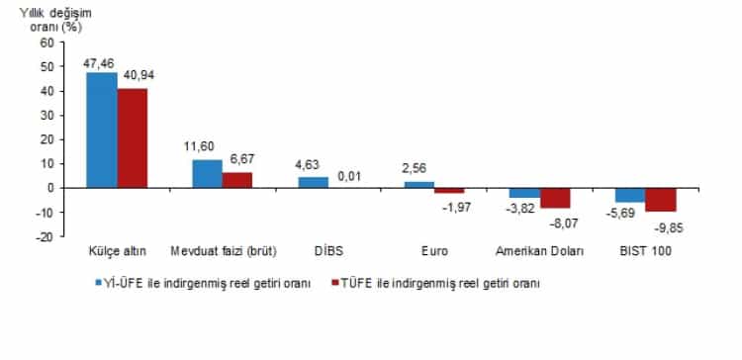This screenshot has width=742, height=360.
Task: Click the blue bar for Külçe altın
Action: click(x=102, y=130)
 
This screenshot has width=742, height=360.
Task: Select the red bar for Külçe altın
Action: click(x=133, y=137)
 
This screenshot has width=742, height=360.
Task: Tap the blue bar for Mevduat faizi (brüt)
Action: click(x=207, y=173)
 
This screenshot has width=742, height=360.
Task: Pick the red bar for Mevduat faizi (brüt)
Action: click(x=237, y=179)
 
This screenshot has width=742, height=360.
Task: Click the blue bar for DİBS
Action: click(x=313, y=182)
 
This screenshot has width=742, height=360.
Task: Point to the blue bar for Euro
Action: click(x=418, y=184)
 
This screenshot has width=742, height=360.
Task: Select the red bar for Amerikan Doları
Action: click(x=555, y=197)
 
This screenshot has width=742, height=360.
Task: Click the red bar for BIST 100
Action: click(x=660, y=199)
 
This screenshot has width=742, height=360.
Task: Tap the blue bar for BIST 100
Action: click(x=629, y=194)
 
